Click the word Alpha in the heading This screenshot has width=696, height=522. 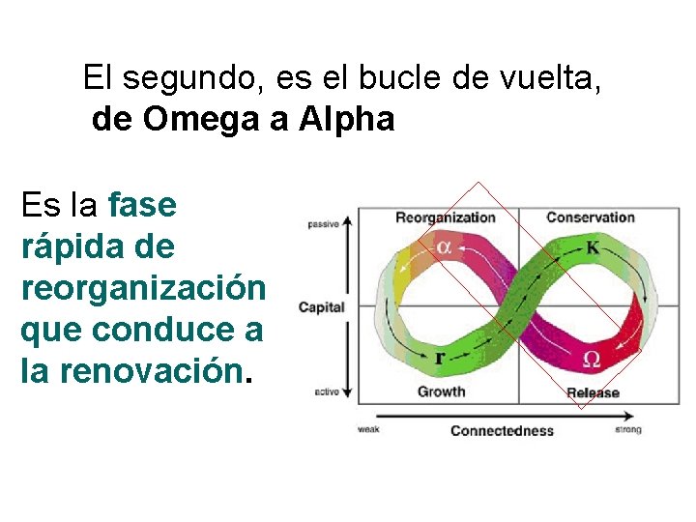click(x=347, y=120)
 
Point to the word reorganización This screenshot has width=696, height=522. click(x=142, y=288)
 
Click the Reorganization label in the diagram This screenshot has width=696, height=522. click(x=445, y=217)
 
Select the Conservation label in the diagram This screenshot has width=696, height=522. click(x=591, y=217)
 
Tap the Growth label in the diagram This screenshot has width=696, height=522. click(x=441, y=391)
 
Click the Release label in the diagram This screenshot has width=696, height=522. click(x=593, y=392)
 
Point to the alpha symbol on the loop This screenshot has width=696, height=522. click(x=443, y=246)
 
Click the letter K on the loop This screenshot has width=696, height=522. click(x=593, y=247)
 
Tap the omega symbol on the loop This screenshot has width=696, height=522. click(x=592, y=360)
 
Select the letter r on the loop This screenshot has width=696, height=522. click(x=440, y=358)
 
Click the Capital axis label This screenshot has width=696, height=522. click(x=321, y=307)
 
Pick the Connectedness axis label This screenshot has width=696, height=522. click(x=502, y=430)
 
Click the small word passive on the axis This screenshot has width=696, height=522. click(x=323, y=224)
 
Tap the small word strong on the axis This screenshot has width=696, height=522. click(x=627, y=429)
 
